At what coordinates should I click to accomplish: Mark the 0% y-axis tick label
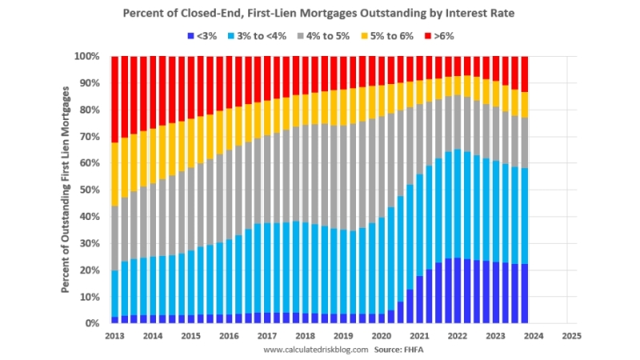coord(91,323)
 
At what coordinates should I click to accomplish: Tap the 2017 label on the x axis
coord(266,336)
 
